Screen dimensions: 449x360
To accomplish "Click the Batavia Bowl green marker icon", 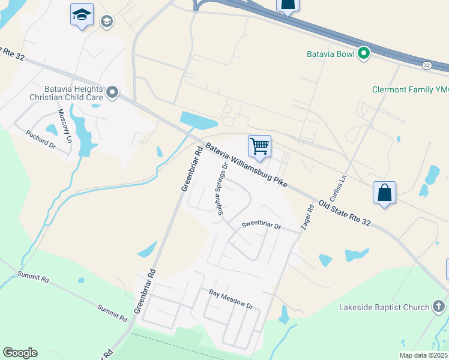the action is [x=363, y=54].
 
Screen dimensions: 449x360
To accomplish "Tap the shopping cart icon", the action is [x=259, y=146].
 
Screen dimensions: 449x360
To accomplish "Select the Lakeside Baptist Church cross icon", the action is [x=439, y=307].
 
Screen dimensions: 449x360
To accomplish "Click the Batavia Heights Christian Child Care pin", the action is [x=112, y=93].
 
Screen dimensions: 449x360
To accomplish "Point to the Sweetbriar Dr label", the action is [x=261, y=226].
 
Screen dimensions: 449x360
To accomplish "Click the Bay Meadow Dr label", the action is [x=231, y=298].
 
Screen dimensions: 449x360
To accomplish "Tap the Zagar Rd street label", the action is [x=306, y=220].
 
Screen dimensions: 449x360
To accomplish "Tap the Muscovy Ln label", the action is [x=65, y=125].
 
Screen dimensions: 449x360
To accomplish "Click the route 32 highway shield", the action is [x=426, y=65].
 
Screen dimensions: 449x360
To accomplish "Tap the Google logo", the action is [x=20, y=353].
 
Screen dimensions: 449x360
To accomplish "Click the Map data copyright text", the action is [x=423, y=355].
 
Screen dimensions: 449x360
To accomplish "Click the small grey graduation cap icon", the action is [x=107, y=23].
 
